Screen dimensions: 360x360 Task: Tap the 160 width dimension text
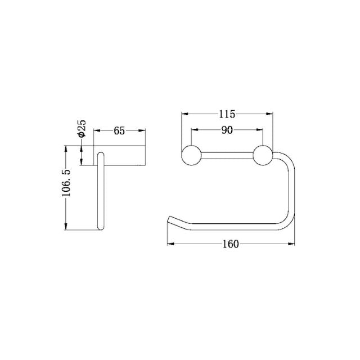231,244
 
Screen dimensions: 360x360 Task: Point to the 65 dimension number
119,130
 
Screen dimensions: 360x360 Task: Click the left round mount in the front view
191,155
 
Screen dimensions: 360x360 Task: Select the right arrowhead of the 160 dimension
293,244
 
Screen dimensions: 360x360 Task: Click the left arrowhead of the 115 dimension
183,114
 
